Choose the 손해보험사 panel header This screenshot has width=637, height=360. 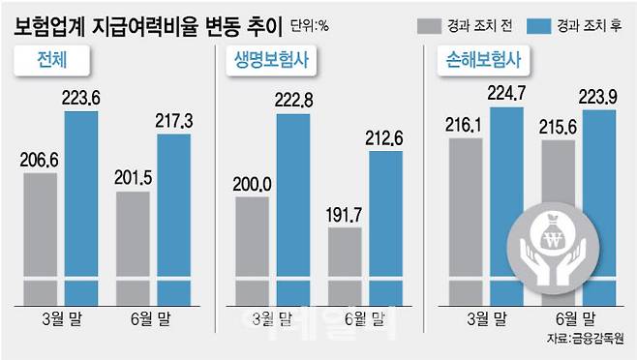coord(481,64)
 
